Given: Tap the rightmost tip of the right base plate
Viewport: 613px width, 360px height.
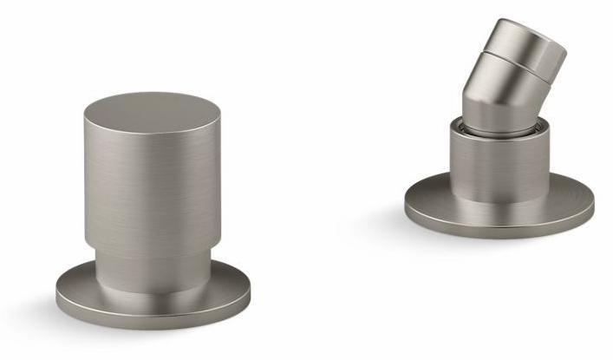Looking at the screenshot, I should pos(594,203).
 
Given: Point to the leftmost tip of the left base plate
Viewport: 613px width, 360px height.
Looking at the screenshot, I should pos(56,291).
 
